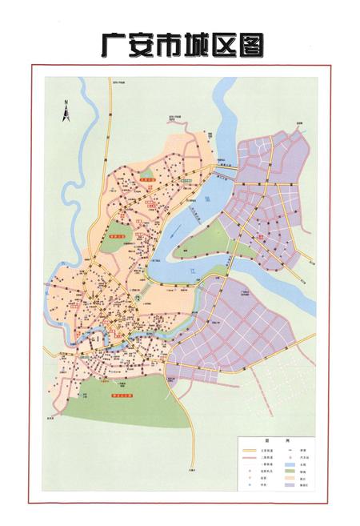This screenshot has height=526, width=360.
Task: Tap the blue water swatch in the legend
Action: pyautogui.click(x=305, y=464)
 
